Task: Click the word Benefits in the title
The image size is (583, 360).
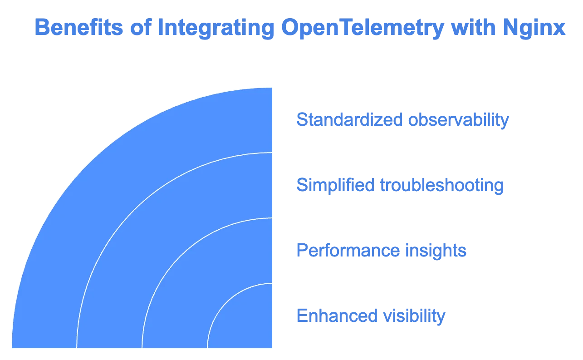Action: click(x=78, y=27)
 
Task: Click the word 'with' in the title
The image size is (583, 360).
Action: click(x=473, y=27)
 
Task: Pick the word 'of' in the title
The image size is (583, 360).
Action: click(x=141, y=27)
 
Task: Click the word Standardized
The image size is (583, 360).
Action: click(x=349, y=119)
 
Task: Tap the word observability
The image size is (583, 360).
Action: click(x=459, y=121)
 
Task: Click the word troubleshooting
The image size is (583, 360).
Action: click(x=442, y=186)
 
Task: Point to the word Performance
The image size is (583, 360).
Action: click(x=348, y=250)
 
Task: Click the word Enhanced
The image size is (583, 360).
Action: click(x=337, y=316)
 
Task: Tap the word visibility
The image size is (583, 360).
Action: click(x=414, y=316)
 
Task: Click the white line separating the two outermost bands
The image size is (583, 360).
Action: click(x=134, y=210)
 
